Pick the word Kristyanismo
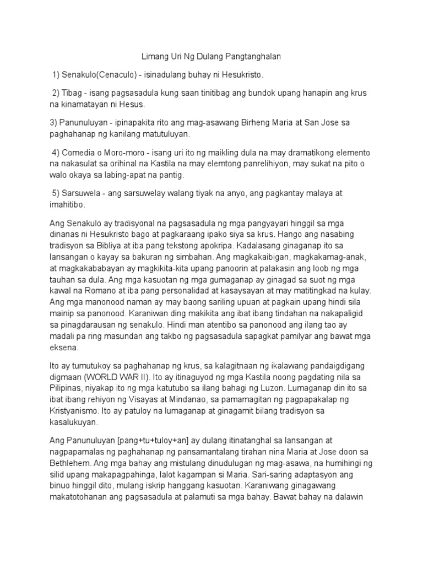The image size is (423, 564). click(75, 413)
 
